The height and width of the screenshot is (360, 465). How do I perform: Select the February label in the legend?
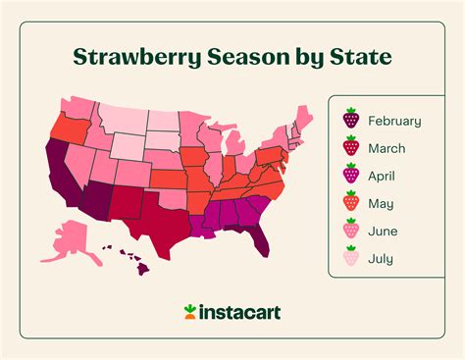[393, 121]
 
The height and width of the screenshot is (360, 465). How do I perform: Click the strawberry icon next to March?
[350, 149]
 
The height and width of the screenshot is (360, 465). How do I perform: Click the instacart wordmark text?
[241, 312]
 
